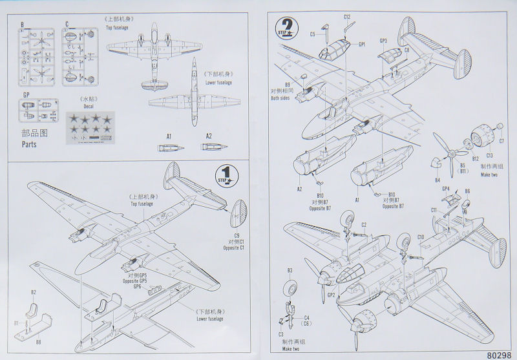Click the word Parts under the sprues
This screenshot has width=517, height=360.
30,145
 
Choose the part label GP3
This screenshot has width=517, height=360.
383,41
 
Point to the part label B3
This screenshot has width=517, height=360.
290,270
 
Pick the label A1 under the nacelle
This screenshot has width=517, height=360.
169,136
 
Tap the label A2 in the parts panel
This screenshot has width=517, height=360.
209,136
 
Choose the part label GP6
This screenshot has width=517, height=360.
137,286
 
